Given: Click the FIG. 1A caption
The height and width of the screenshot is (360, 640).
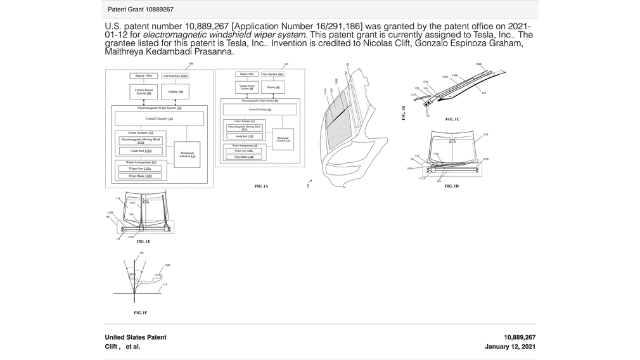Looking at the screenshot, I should click(262, 186).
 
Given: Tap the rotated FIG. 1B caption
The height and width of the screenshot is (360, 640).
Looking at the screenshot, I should click(403, 113).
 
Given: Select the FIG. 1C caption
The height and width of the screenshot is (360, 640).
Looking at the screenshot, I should click(452, 119).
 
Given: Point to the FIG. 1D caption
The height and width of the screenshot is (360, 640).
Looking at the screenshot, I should click(452, 186).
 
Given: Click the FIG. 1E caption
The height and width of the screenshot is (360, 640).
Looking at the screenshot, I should click(143, 241).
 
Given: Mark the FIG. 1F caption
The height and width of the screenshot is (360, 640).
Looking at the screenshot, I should click(140, 312).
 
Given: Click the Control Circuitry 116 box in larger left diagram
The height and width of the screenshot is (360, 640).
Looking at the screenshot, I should click(159, 119).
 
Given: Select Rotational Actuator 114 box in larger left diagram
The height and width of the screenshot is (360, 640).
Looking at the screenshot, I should click(187, 154).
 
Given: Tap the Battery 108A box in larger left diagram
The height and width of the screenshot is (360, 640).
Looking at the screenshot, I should click(144, 75).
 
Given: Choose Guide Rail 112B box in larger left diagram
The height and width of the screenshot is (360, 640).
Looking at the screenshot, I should click(140, 151).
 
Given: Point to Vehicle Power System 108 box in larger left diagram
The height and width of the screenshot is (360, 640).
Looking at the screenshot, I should click(144, 91).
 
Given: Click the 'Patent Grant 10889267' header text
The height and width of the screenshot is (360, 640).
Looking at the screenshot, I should click(141, 10).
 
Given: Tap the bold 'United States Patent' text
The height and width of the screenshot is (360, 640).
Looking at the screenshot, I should click(136, 337).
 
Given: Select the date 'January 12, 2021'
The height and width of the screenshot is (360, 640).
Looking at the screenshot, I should click(510, 347).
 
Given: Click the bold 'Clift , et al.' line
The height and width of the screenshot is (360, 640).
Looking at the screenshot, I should click(123, 347).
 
